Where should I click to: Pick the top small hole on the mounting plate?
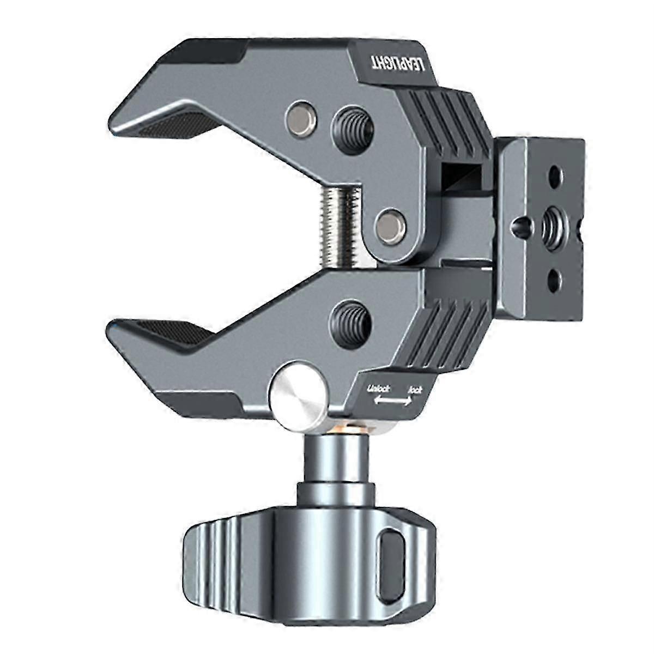point(554,176)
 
